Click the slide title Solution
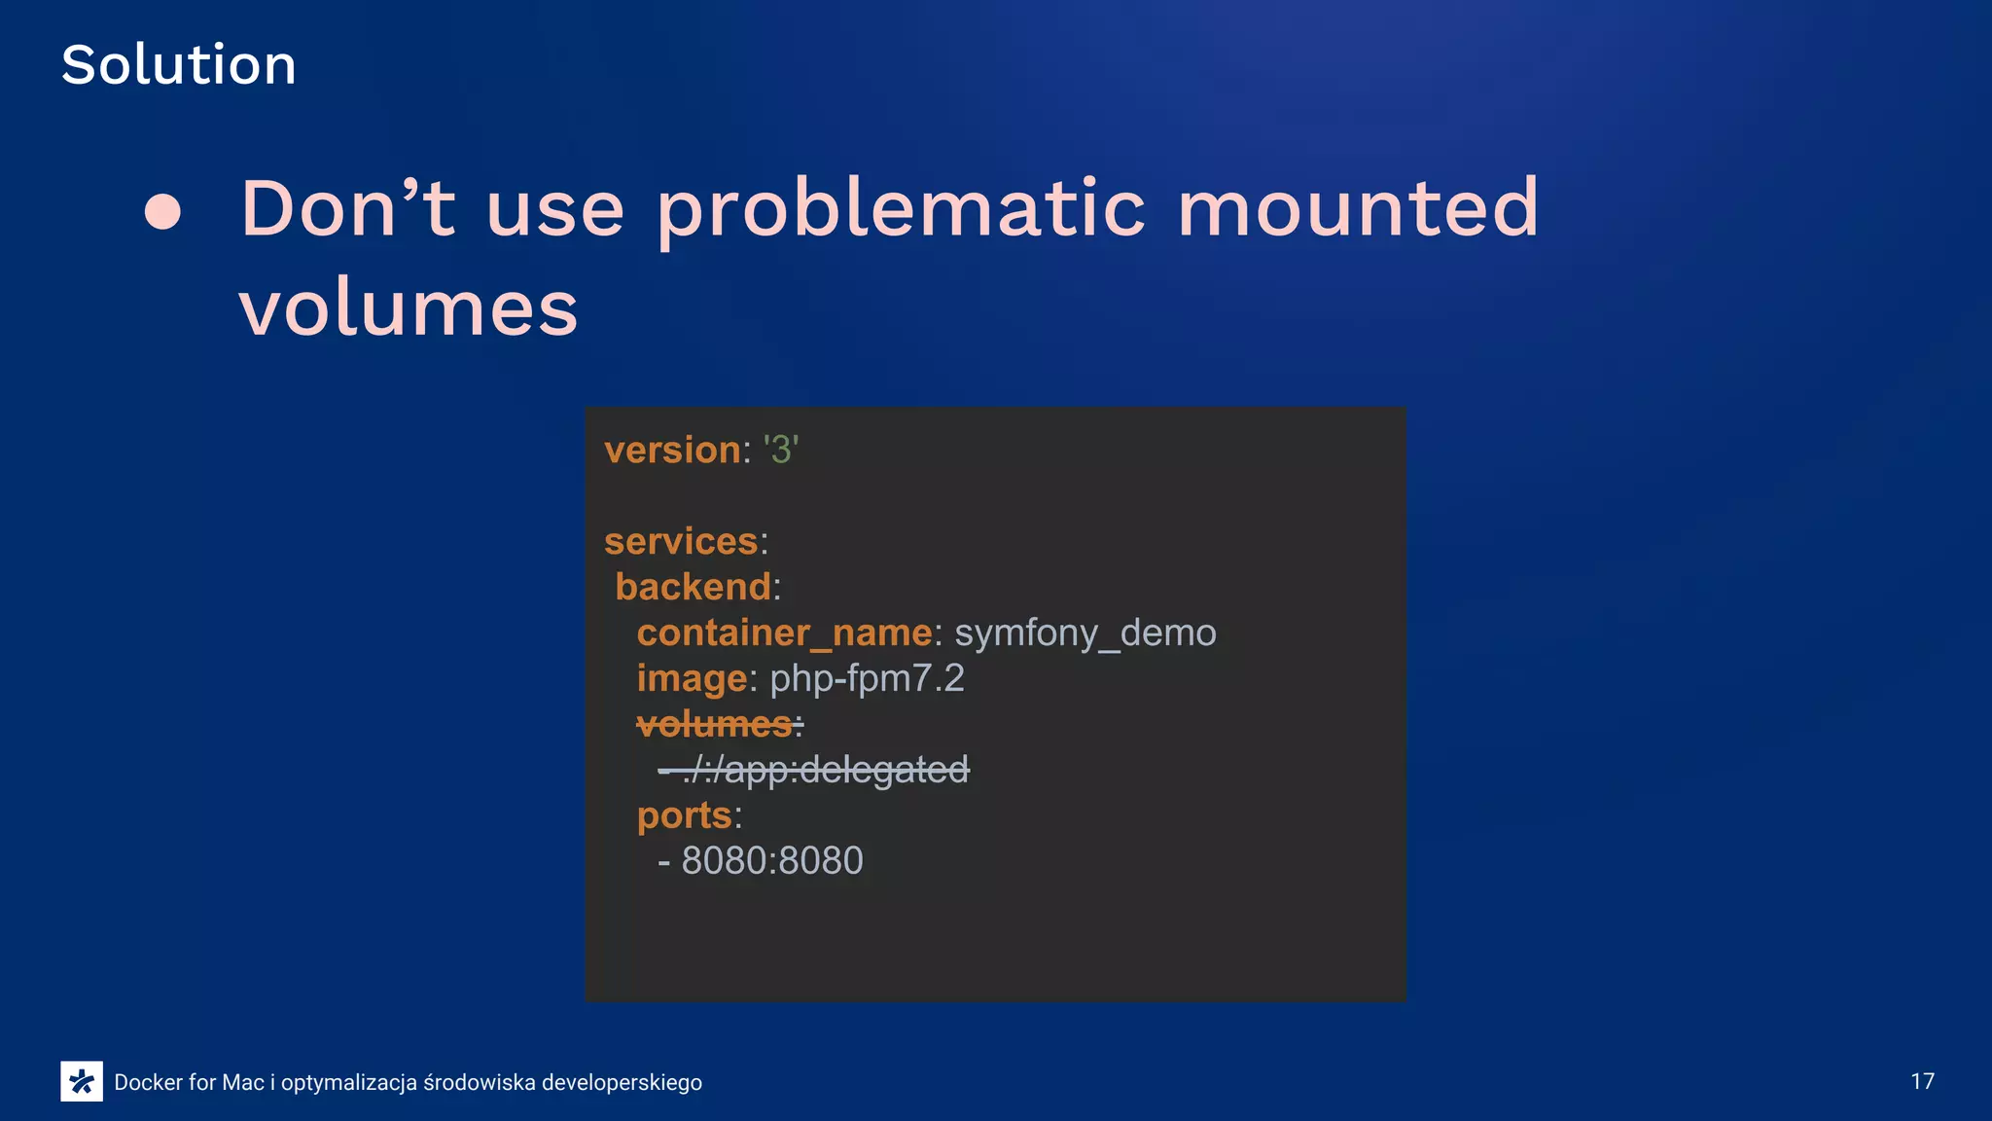pyautogui.click(x=178, y=65)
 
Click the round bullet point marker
pyautogui.click(x=162, y=211)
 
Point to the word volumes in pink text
pyautogui.click(x=409, y=308)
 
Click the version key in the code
pyautogui.click(x=672, y=450)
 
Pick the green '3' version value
pyautogui.click(x=781, y=450)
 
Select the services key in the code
pyautogui.click(x=681, y=541)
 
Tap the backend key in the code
pyautogui.click(x=694, y=587)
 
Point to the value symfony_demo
pyautogui.click(x=1085, y=633)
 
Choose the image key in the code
pyautogui.click(x=692, y=678)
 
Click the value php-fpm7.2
pyautogui.click(x=867, y=678)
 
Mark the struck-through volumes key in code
pyautogui.click(x=715, y=724)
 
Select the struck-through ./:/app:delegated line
pyautogui.click(x=814, y=770)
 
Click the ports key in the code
pyautogui.click(x=684, y=815)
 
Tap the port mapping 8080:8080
pyautogui.click(x=772, y=860)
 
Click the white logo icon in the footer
pyautogui.click(x=82, y=1081)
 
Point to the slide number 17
pyautogui.click(x=1922, y=1081)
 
